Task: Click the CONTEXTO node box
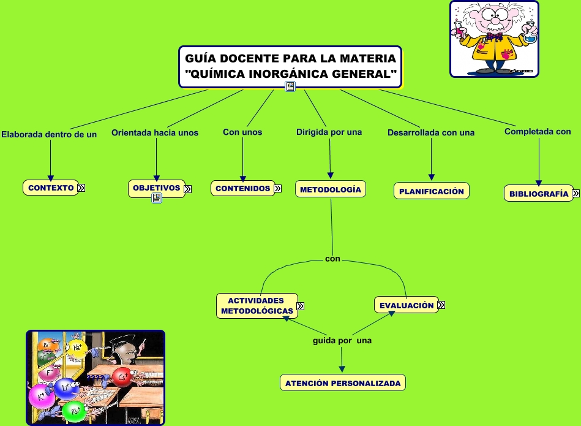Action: (51, 188)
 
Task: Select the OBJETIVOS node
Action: (156, 188)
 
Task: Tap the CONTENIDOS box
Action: (242, 188)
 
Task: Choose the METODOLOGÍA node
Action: (331, 189)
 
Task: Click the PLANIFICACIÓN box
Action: (431, 191)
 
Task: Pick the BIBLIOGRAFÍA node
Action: (538, 194)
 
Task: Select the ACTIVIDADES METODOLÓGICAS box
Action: (257, 306)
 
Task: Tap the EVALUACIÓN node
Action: (406, 305)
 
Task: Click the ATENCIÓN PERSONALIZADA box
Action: (343, 383)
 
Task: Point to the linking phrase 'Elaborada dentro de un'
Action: (49, 134)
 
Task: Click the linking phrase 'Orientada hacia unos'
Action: (155, 132)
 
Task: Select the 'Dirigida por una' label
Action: (329, 132)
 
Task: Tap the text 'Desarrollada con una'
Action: (431, 132)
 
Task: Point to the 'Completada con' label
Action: (538, 131)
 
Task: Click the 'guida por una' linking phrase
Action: (342, 340)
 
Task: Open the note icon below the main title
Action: (290, 87)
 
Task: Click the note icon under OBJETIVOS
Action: (156, 198)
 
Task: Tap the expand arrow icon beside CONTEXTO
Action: (81, 188)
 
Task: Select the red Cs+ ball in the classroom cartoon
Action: (121, 377)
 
